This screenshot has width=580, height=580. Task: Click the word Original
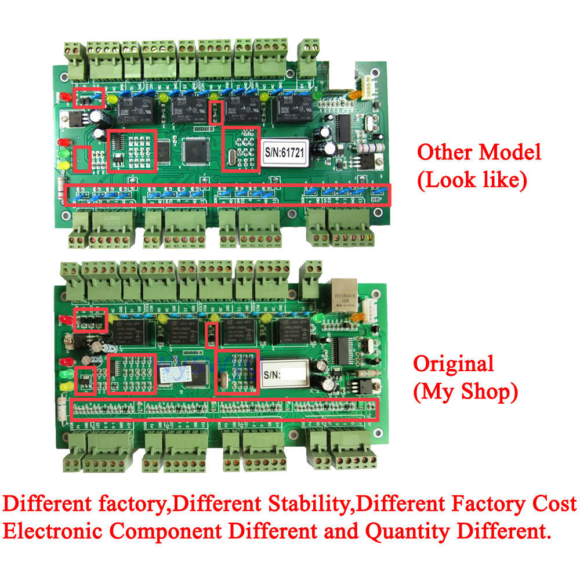pos(453,364)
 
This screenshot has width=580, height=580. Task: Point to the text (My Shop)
pos(465,392)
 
